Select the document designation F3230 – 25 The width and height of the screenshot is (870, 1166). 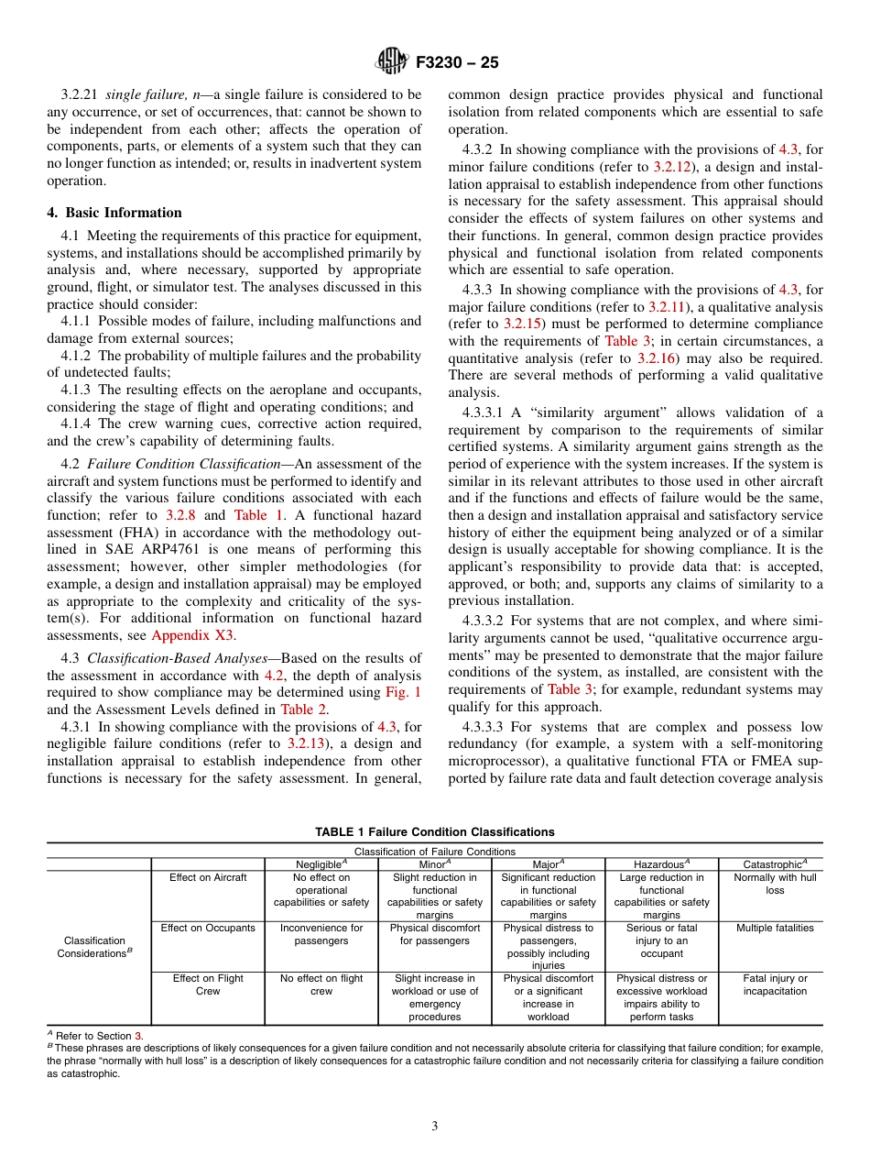point(457,63)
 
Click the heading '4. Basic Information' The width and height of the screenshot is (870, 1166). point(114,213)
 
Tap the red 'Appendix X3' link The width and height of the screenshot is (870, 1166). point(192,635)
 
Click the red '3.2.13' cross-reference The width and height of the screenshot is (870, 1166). point(309,743)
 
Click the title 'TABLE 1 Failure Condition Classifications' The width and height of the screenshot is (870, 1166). point(434,832)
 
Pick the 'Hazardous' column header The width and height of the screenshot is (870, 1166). point(661,864)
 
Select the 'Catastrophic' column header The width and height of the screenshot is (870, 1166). point(775,864)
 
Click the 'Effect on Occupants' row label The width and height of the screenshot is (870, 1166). point(208,929)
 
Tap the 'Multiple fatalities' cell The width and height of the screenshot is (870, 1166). point(775,929)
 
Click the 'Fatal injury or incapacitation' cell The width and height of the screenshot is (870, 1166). point(775,984)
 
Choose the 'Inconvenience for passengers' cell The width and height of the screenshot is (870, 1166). point(321,934)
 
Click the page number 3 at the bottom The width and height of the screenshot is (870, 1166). point(434,1127)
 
